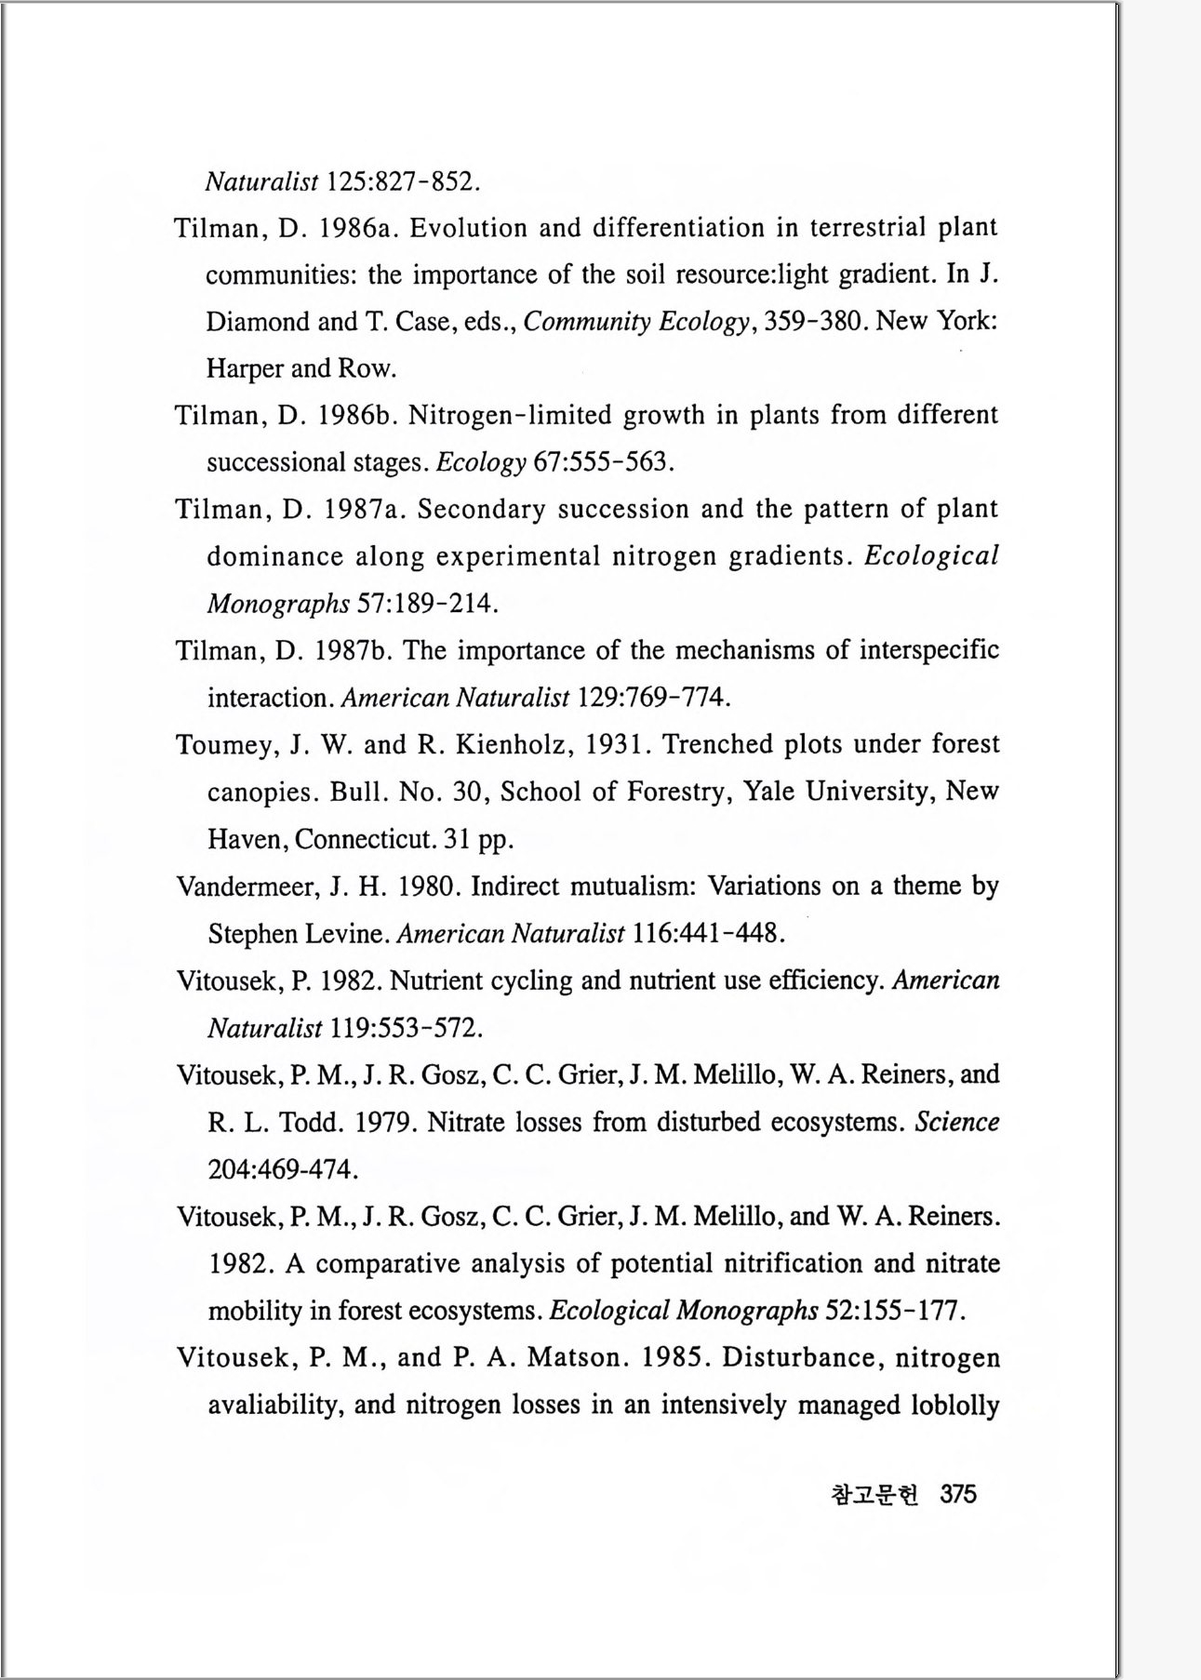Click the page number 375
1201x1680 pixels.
coord(958,1494)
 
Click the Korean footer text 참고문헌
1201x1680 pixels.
coord(874,1495)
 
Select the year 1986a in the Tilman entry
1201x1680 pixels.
coord(353,228)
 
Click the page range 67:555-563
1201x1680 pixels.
coord(603,462)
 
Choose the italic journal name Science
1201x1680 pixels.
coord(957,1122)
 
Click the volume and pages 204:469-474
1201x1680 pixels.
coord(283,1169)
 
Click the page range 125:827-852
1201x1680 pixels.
coord(405,180)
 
